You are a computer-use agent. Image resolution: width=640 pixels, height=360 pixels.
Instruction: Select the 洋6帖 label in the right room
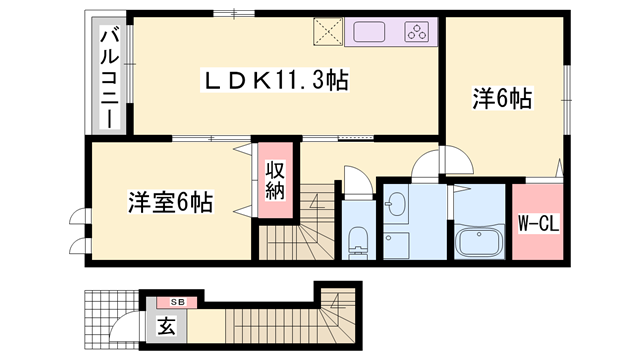pyautogui.click(x=501, y=99)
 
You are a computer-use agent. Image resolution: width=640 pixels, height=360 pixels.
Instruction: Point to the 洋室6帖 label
pyautogui.click(x=168, y=201)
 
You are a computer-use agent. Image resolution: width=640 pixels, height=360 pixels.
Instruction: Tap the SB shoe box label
pyautogui.click(x=177, y=301)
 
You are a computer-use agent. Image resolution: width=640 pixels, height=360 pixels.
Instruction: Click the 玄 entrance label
pyautogui.click(x=164, y=325)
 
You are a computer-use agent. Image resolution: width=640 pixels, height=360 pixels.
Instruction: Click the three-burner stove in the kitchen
pyautogui.click(x=418, y=31)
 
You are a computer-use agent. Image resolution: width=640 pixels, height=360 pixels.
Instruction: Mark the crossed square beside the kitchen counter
pyautogui.click(x=327, y=31)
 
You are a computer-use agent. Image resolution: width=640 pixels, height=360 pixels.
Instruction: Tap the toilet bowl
pyautogui.click(x=357, y=241)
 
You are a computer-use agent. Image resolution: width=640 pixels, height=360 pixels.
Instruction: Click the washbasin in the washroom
pyautogui.click(x=396, y=205)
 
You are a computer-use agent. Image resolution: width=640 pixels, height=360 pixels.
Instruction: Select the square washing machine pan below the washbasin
pyautogui.click(x=395, y=245)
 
